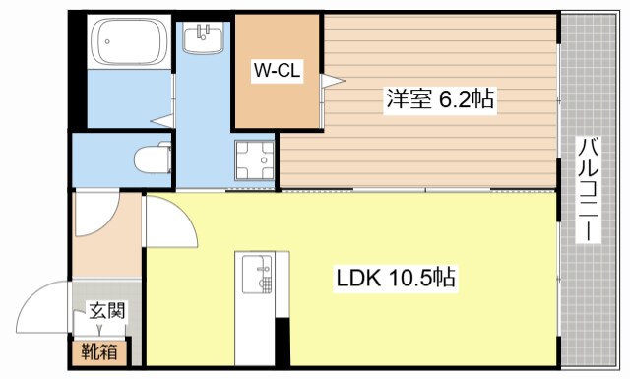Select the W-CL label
[278, 71]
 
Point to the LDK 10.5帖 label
[396, 279]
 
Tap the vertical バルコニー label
[588, 192]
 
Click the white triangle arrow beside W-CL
[333, 81]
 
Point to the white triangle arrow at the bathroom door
[162, 121]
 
